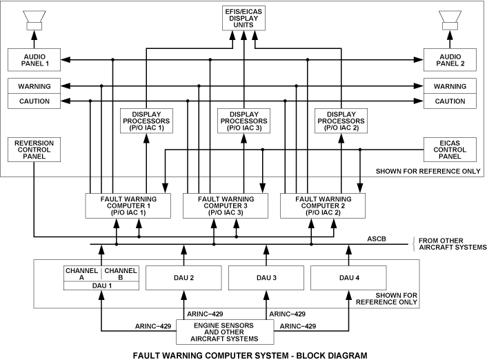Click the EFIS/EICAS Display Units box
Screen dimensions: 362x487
243,17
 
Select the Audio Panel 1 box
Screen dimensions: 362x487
36,60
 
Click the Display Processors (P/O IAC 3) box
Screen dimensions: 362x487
243,121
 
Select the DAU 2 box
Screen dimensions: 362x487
184,278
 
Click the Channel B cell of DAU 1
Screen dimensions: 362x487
120,274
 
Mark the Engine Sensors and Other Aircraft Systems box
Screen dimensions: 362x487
226,331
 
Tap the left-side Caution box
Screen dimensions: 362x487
36,101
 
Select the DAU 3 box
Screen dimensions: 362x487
266,278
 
